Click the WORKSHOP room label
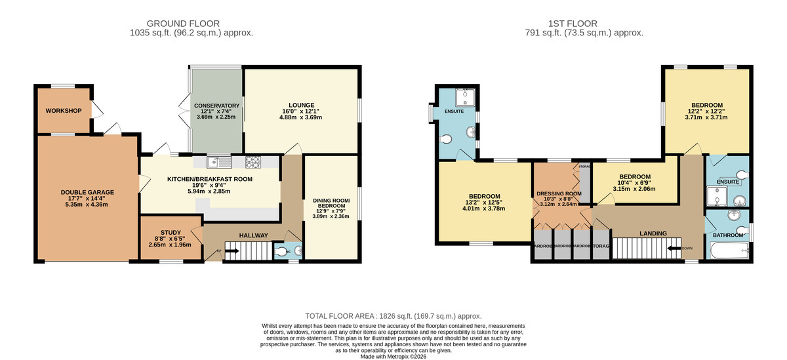tap(64, 111)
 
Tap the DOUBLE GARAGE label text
tap(87, 192)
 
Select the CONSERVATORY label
tap(216, 106)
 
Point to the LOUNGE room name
tap(302, 105)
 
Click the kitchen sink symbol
tap(218, 161)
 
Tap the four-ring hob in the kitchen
tap(253, 161)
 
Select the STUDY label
tap(171, 231)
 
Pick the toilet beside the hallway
tap(281, 250)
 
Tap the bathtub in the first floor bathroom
tap(729, 250)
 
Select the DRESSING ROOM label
tap(559, 193)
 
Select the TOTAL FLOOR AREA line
tap(393, 315)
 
